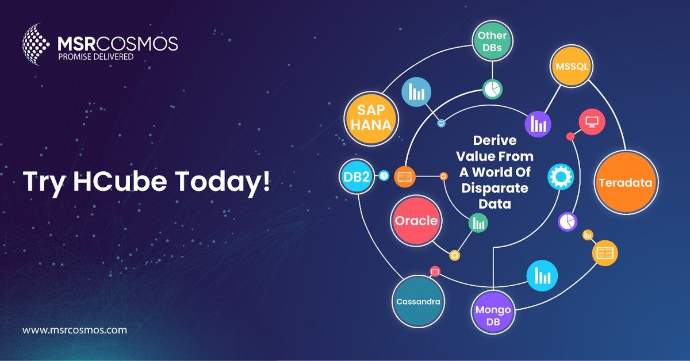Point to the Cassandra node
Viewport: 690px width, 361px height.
click(418, 301)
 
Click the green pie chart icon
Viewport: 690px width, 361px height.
click(492, 89)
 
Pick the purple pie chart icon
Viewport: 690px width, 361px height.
click(568, 221)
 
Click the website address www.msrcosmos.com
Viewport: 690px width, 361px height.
click(75, 331)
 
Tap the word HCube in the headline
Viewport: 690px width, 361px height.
click(118, 182)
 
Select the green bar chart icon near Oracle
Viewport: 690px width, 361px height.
click(478, 223)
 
